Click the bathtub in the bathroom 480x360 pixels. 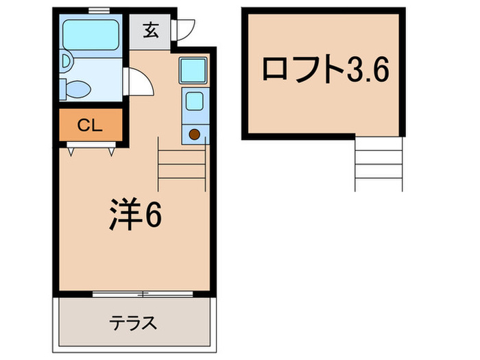point(91,32)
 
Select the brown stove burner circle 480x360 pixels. point(194,134)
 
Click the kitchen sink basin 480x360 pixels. point(193,102)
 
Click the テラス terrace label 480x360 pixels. point(134,322)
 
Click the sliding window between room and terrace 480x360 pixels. point(134,294)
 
